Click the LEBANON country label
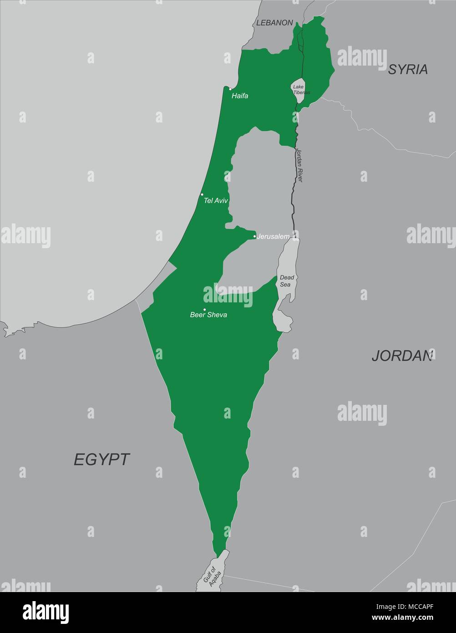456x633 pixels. pyautogui.click(x=274, y=22)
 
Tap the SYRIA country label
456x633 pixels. pyautogui.click(x=408, y=69)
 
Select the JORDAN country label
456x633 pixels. pyautogui.click(x=402, y=356)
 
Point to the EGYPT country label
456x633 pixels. pyautogui.click(x=102, y=459)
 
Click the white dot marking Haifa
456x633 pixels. pyautogui.click(x=230, y=89)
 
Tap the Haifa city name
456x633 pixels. pyautogui.click(x=240, y=96)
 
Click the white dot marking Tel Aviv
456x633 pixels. pyautogui.click(x=202, y=194)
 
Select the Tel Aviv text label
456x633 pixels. pyautogui.click(x=216, y=200)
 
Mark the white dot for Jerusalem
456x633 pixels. pyautogui.click(x=254, y=236)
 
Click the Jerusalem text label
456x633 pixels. pyautogui.click(x=273, y=237)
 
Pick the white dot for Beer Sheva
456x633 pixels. pyautogui.click(x=204, y=310)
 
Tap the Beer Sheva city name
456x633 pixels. pyautogui.click(x=208, y=315)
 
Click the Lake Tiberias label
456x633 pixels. pyautogui.click(x=300, y=89)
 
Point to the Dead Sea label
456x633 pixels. pyautogui.click(x=285, y=281)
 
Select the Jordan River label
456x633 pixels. pyautogui.click(x=299, y=165)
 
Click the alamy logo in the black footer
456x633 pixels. pyautogui.click(x=46, y=612)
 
